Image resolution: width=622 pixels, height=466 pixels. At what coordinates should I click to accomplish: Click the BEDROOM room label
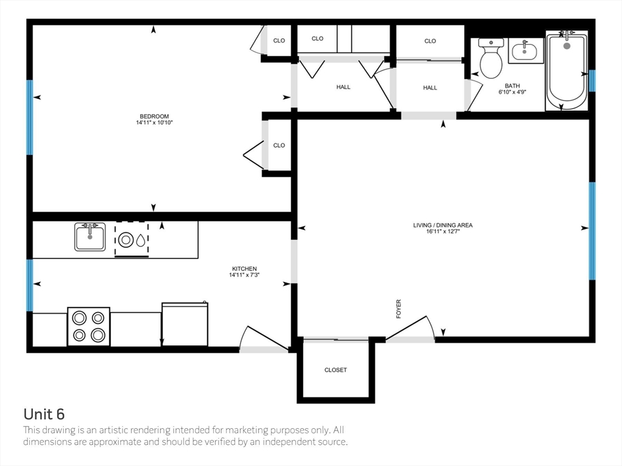click(x=154, y=116)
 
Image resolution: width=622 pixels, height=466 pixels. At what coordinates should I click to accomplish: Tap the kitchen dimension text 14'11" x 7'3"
click(x=244, y=275)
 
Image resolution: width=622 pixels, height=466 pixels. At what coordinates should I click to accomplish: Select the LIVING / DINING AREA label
click(x=443, y=225)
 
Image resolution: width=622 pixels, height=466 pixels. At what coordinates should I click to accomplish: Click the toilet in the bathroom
click(x=491, y=58)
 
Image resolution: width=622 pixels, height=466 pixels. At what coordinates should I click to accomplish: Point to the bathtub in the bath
click(x=567, y=70)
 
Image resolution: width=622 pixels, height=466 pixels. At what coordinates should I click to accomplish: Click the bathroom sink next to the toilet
click(x=525, y=51)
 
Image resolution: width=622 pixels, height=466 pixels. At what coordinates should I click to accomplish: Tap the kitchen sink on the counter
click(x=90, y=237)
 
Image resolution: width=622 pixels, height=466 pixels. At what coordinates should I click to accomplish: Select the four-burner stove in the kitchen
click(x=89, y=326)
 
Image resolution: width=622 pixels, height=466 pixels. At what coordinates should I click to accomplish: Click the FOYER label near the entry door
click(x=398, y=309)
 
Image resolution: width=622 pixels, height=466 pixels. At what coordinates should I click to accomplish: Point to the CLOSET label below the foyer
click(x=335, y=370)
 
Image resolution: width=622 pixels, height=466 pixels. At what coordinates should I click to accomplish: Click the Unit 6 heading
click(x=44, y=414)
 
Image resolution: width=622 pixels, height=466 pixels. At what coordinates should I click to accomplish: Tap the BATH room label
click(x=512, y=86)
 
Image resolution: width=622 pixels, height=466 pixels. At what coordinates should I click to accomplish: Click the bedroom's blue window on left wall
click(x=29, y=117)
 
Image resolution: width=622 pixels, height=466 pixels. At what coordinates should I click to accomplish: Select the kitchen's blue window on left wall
click(x=29, y=285)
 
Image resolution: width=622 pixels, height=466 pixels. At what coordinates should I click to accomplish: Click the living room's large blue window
click(x=592, y=231)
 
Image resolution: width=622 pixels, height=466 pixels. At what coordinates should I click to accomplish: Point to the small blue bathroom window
click(x=592, y=81)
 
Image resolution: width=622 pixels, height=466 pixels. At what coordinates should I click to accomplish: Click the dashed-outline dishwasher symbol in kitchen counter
click(x=132, y=239)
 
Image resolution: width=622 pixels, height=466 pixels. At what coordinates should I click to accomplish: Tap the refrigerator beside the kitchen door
click(x=185, y=324)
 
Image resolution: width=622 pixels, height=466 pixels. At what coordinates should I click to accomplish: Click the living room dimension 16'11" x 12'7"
click(x=443, y=231)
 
